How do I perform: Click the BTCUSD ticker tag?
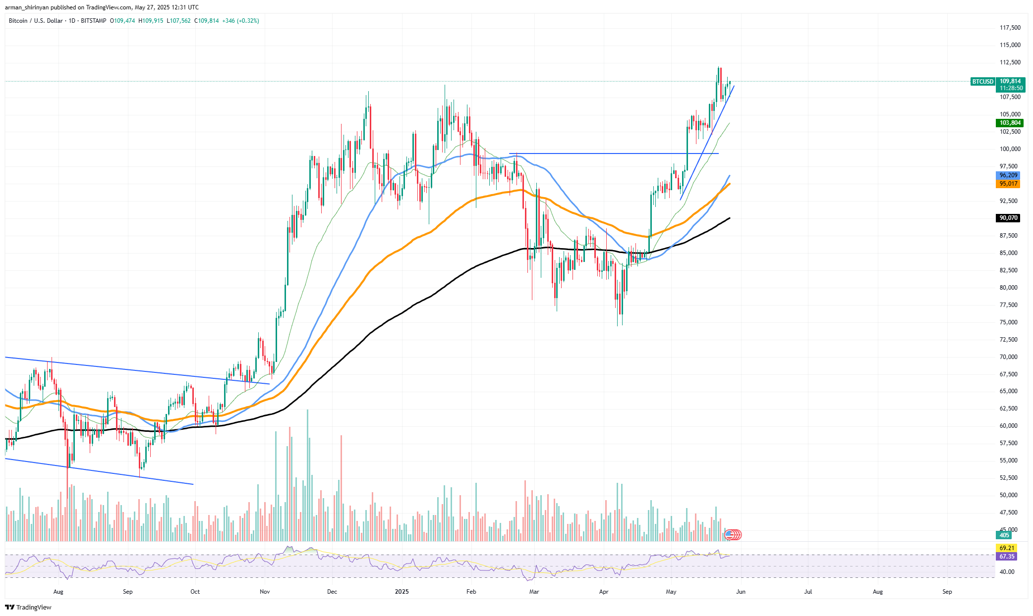point(982,82)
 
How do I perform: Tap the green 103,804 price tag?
point(1010,123)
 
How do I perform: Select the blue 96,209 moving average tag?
point(1008,175)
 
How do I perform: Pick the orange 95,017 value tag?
point(1008,184)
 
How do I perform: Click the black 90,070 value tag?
point(1008,218)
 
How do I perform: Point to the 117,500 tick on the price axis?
point(1010,28)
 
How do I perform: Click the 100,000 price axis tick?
point(1010,149)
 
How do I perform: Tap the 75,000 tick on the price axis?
point(1010,322)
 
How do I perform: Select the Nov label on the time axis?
point(264,592)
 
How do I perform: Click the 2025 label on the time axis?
point(402,592)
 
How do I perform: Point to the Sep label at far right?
point(947,592)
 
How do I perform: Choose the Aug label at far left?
point(58,592)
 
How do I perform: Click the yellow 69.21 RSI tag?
point(1007,548)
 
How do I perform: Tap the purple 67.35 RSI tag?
point(1007,557)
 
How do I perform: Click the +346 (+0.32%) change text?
point(240,21)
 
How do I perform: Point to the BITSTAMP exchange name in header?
point(93,21)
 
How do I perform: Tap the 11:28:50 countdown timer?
point(1011,88)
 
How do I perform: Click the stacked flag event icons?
point(733,535)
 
